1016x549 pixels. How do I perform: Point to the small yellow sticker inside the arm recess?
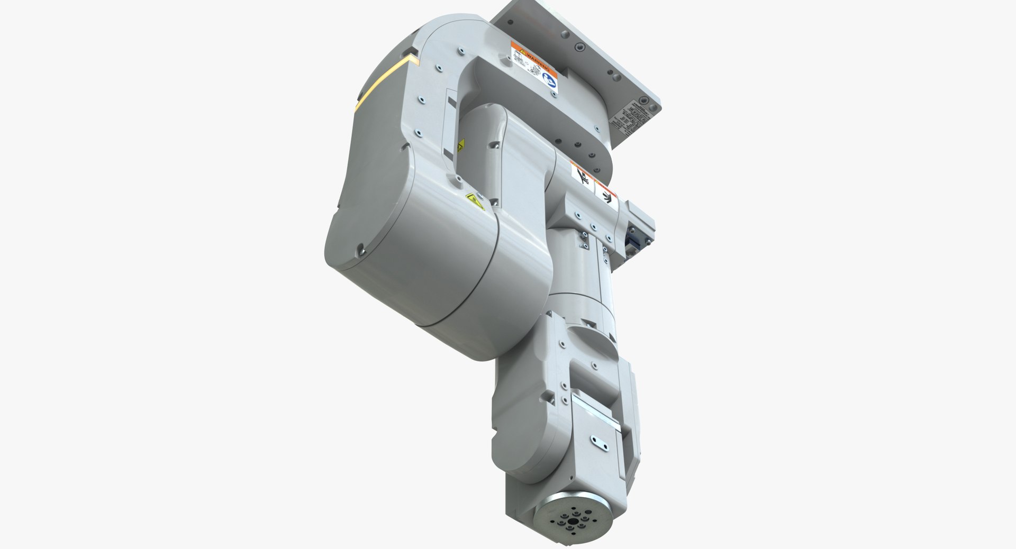(460, 145)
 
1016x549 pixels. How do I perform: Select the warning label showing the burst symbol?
(606, 196)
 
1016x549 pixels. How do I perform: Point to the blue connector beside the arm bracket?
(632, 241)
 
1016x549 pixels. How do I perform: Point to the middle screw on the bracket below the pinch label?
(593, 228)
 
